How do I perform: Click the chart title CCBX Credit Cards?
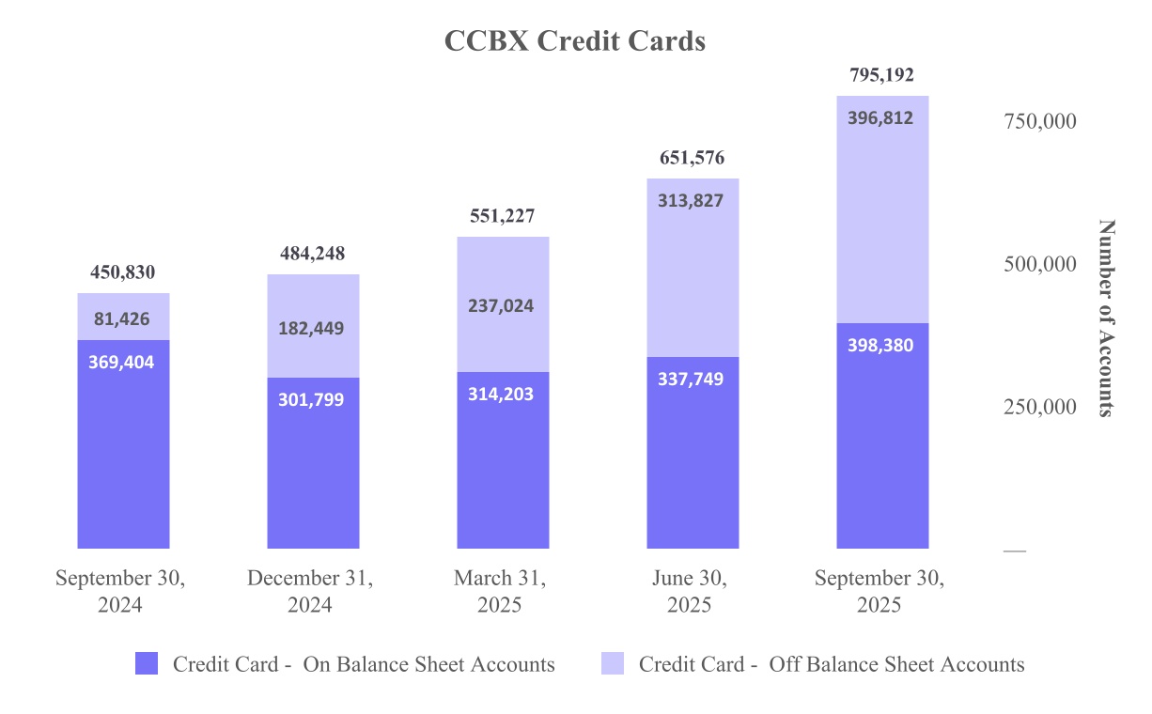point(574,41)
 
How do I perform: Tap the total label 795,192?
point(880,75)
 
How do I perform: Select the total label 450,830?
point(122,273)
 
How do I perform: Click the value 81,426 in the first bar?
point(122,319)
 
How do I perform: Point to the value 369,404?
point(122,363)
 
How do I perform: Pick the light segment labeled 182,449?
point(312,329)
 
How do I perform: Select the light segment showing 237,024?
point(502,306)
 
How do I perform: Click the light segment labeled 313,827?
point(692,200)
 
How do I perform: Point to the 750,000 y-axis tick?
point(1039,121)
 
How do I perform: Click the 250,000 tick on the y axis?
point(1039,408)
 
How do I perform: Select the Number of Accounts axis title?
point(1107,318)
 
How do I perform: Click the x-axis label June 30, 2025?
point(690,592)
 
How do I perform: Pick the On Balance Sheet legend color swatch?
point(147,664)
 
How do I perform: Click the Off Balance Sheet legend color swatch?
point(613,664)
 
